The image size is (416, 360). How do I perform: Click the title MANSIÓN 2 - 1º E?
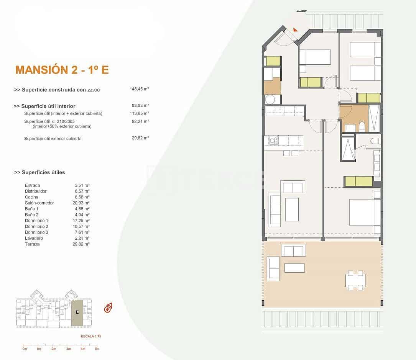point(62,70)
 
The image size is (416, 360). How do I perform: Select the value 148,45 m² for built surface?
point(139,89)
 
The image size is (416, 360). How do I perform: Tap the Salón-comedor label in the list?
point(39,203)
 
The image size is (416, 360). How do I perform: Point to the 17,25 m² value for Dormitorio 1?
point(82,221)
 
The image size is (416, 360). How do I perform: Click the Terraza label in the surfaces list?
point(32,244)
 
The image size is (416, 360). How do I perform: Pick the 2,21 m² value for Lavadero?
point(82,238)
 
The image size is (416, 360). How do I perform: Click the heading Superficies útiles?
point(39,172)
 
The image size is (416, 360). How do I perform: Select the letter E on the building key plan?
point(77,312)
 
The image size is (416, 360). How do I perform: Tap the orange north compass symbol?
point(108,308)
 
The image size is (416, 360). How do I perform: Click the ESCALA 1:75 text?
point(90,336)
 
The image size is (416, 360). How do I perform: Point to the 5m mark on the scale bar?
point(97,349)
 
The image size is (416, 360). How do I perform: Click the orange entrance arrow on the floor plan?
point(295,29)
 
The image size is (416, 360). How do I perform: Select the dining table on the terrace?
point(355,280)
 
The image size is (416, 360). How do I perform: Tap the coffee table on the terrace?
point(294,268)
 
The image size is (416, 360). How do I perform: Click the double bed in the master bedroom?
point(364,212)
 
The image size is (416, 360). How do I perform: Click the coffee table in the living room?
point(292,209)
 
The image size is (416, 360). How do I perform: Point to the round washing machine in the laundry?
point(269,100)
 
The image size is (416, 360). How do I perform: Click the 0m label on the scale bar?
point(25,349)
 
